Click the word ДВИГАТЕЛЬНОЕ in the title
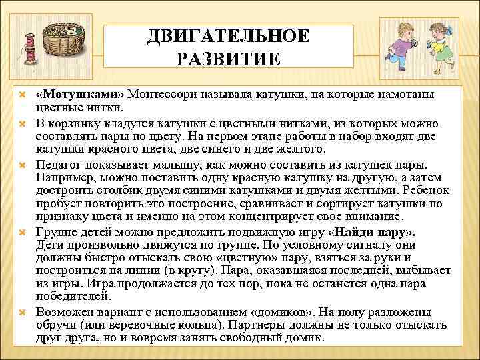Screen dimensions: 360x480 (228, 35)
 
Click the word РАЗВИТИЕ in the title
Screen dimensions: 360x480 (228, 59)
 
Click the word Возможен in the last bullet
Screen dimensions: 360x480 (64, 312)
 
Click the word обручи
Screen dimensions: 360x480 (57, 325)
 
